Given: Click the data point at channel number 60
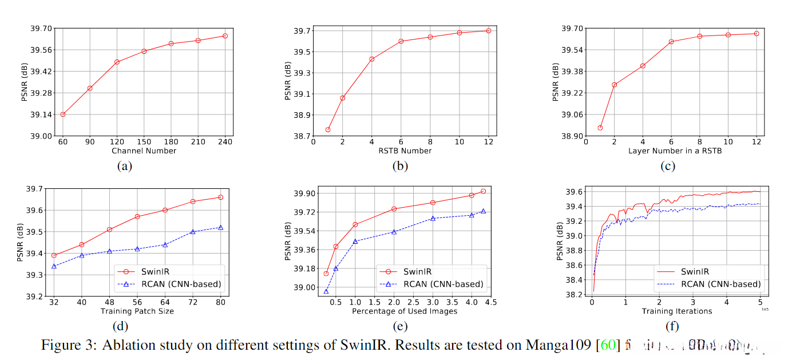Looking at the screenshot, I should coord(63,114).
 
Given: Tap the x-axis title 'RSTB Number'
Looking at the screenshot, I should coord(406,151).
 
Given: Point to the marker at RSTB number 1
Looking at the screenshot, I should coord(328,129).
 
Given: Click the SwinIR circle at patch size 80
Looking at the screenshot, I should coord(220,197).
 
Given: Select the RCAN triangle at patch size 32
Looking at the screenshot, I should coord(54,266).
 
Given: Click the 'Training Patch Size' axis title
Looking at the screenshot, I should coord(137,311).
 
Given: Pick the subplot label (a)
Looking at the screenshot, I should coord(124,167).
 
